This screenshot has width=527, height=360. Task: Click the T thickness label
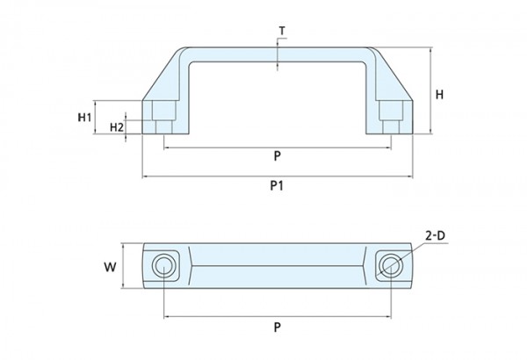pos(282,31)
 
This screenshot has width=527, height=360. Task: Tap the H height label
pos(439,95)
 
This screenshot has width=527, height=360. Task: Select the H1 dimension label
pos(84,118)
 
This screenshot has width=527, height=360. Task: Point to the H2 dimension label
pos(117,127)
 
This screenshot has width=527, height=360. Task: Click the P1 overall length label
pos(277,185)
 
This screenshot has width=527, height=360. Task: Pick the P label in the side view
pos(277,156)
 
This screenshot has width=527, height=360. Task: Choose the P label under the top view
pos(277,327)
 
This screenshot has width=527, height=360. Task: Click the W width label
pos(111,267)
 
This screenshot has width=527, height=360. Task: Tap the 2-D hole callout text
pos(435,236)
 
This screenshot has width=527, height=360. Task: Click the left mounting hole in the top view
pos(162,265)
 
